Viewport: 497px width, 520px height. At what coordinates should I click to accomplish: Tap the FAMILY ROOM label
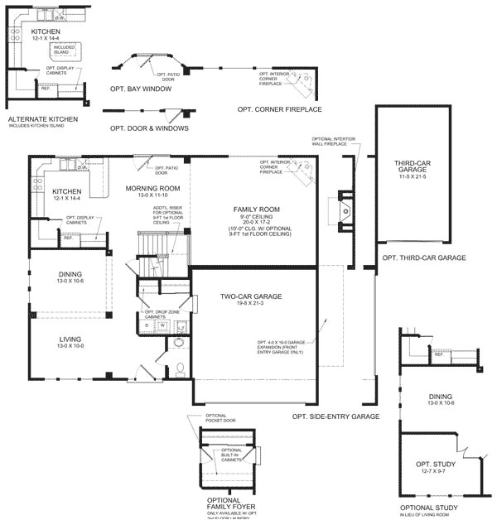[256, 209]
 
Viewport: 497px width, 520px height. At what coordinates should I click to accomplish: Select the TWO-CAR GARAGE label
[251, 296]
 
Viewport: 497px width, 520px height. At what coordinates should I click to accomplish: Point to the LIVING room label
[70, 338]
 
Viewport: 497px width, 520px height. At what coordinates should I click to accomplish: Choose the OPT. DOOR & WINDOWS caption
[148, 128]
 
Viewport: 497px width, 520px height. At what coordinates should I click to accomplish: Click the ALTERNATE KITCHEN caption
[42, 119]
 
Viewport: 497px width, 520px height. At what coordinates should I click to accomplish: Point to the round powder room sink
[179, 342]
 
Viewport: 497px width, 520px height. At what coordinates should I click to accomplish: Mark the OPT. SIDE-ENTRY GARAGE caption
[335, 416]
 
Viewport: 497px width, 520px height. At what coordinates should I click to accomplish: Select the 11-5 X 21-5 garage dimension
[405, 177]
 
